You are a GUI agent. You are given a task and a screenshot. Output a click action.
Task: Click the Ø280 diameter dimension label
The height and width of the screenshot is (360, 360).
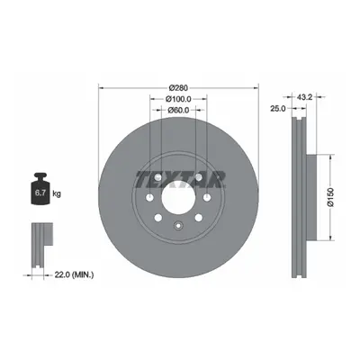click(x=178, y=88)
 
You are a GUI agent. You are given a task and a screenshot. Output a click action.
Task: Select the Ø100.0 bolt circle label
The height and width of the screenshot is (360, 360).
click(x=178, y=99)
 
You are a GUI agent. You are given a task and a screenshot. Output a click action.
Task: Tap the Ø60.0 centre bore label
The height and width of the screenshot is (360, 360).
click(x=178, y=110)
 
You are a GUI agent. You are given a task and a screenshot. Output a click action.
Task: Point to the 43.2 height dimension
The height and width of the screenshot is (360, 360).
click(x=305, y=97)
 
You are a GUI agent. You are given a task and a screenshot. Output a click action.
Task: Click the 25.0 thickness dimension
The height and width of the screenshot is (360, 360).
click(x=278, y=109)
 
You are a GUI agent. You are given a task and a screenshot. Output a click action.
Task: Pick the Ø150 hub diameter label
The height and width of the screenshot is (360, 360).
click(x=330, y=197)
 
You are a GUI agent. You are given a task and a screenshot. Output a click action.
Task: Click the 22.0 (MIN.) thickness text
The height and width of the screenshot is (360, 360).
click(x=74, y=274)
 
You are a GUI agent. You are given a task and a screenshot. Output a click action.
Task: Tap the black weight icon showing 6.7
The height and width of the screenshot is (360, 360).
click(x=40, y=189)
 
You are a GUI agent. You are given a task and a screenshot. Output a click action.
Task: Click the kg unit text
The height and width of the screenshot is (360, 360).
click(x=57, y=193)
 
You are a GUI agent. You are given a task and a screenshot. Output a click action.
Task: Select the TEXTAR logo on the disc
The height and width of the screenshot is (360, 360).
click(x=180, y=179)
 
